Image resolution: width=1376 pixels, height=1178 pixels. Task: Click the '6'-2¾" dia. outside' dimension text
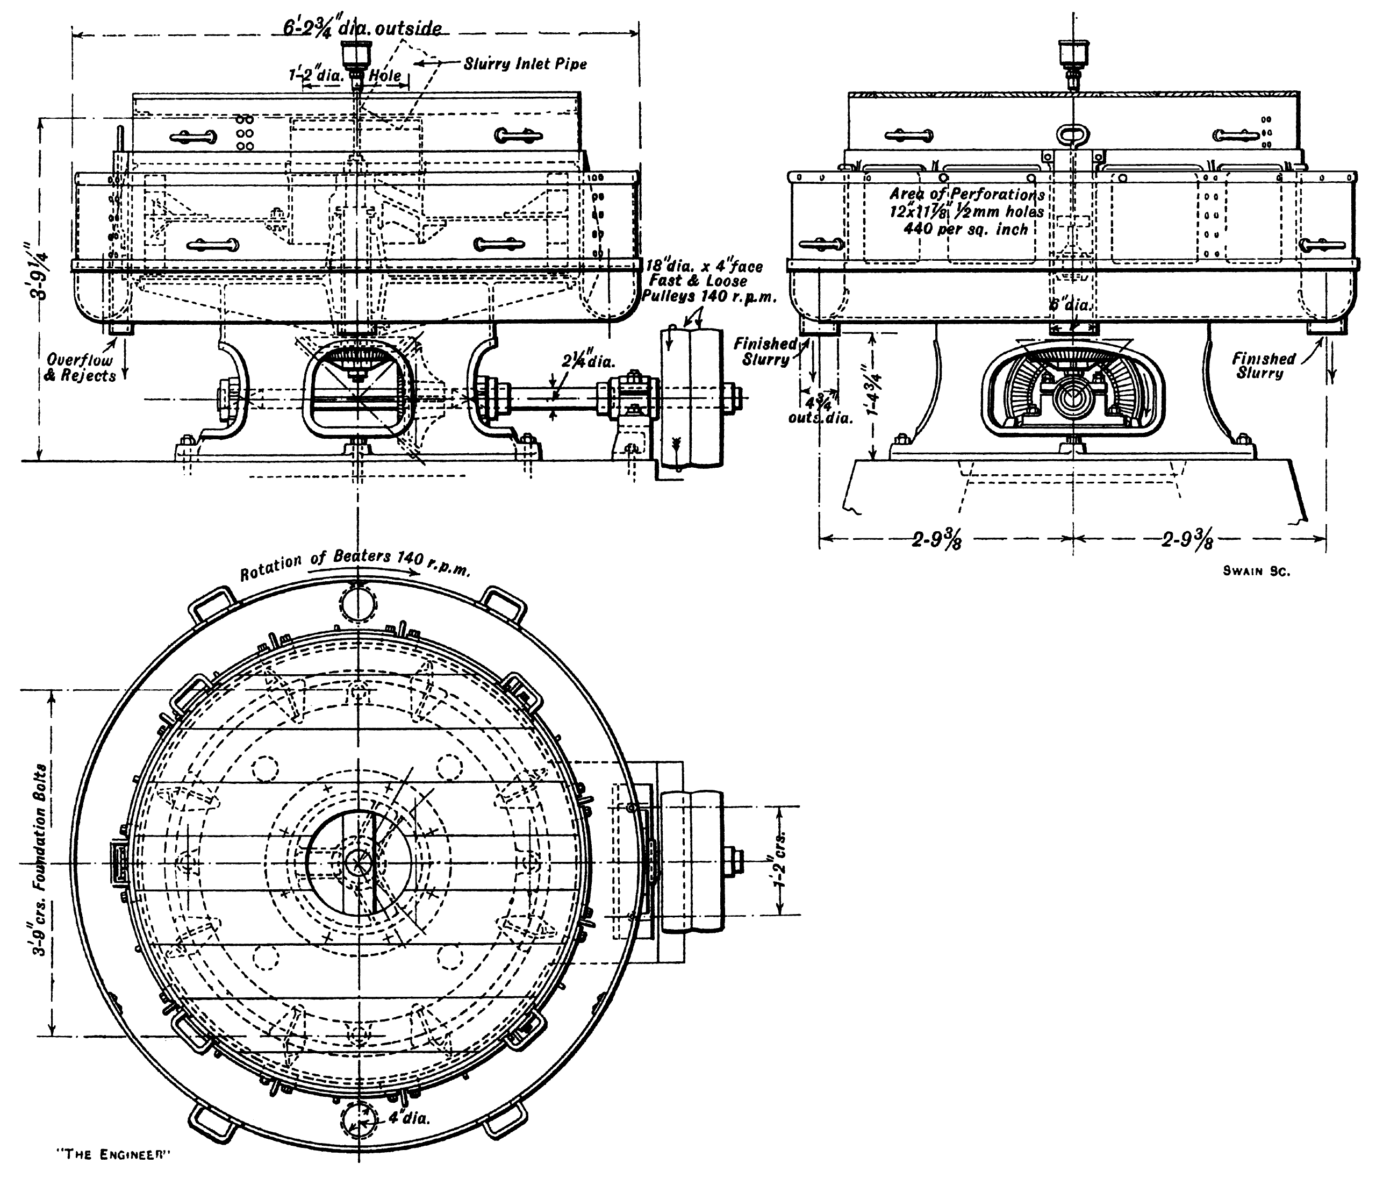(x=358, y=29)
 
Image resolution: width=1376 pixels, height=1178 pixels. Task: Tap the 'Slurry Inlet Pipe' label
(x=525, y=65)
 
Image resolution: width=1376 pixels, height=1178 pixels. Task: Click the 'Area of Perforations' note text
(x=967, y=194)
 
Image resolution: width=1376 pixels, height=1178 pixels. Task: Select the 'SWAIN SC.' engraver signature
(x=1256, y=572)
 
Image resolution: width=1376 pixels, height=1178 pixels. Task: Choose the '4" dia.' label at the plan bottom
(x=408, y=1118)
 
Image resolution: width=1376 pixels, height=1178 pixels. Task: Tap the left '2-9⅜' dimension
(x=937, y=541)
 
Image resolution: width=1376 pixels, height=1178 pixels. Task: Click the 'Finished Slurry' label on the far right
(x=1263, y=366)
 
